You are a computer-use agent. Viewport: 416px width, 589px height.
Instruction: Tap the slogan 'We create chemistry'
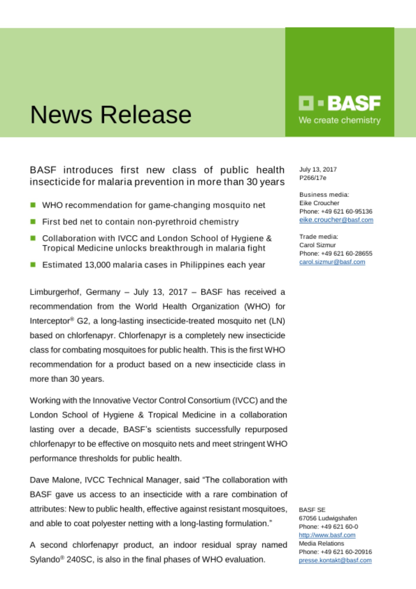pyautogui.click(x=340, y=120)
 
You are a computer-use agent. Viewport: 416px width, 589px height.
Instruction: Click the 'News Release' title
pyautogui.click(x=111, y=115)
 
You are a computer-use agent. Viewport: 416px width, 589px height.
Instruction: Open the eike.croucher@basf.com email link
pyautogui.click(x=336, y=220)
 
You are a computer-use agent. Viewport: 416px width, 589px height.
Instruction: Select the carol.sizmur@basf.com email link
pyautogui.click(x=332, y=262)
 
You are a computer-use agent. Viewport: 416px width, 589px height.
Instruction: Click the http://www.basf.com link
pyautogui.click(x=327, y=535)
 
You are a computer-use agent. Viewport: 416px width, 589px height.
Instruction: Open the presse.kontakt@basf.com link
pyautogui.click(x=335, y=560)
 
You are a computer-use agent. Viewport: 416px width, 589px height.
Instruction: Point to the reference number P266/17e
pyautogui.click(x=313, y=178)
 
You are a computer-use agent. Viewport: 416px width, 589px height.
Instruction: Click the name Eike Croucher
pyautogui.click(x=319, y=203)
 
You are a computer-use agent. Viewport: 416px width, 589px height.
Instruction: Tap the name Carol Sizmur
pyautogui.click(x=317, y=245)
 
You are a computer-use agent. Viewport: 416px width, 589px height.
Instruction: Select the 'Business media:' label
pyautogui.click(x=324, y=195)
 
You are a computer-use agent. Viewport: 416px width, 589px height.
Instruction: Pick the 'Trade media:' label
pyautogui.click(x=319, y=236)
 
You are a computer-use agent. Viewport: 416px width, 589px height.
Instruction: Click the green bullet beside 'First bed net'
pyautogui.click(x=33, y=221)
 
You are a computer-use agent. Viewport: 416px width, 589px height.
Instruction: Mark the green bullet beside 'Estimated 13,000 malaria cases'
pyautogui.click(x=33, y=264)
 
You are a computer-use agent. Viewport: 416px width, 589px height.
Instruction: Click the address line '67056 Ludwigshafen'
pyautogui.click(x=328, y=518)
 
